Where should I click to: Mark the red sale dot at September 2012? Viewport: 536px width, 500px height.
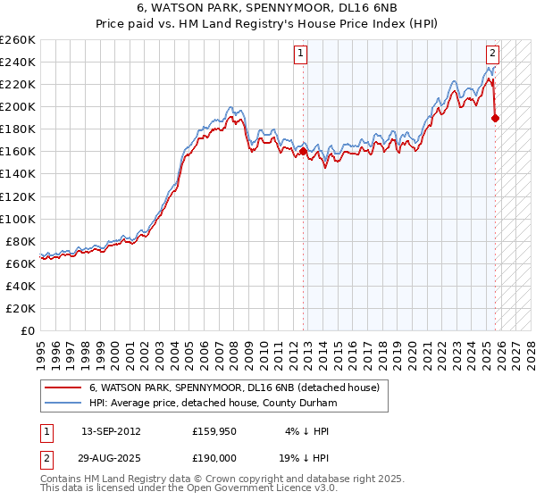pyautogui.click(x=303, y=152)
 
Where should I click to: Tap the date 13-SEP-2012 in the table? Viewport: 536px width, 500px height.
pyautogui.click(x=111, y=430)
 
